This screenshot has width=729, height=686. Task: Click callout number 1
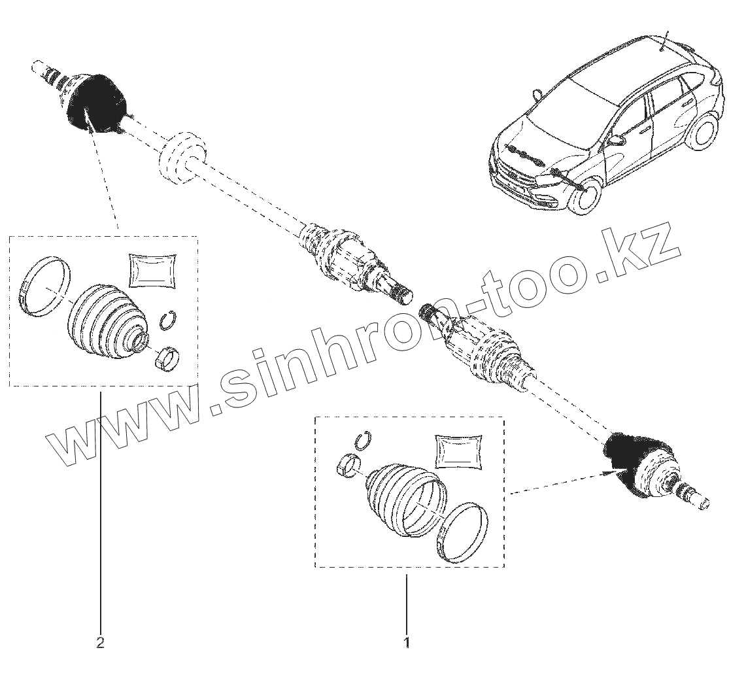click(x=407, y=642)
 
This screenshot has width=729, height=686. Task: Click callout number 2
click(x=100, y=642)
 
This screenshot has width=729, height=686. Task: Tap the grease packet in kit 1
click(x=459, y=451)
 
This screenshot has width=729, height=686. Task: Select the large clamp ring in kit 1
click(x=463, y=533)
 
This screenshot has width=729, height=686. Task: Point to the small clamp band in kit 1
click(x=347, y=466)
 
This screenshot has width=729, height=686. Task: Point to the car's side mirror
click(x=616, y=140)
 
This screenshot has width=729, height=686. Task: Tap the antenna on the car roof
click(x=665, y=40)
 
